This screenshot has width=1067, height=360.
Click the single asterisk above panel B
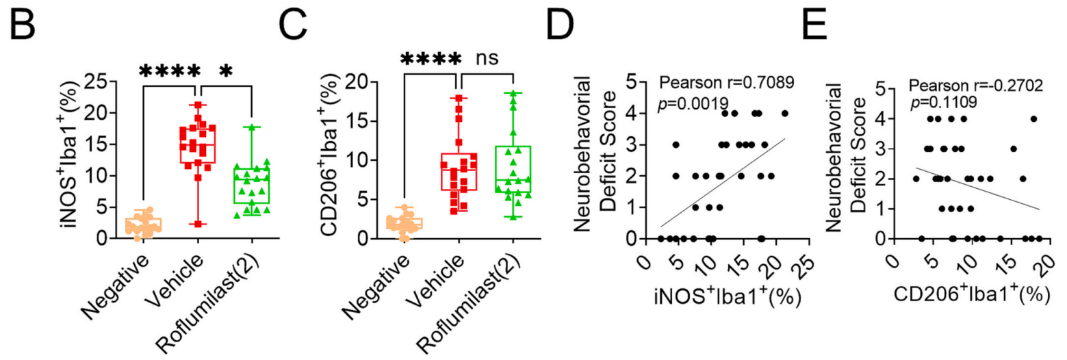(x=227, y=71)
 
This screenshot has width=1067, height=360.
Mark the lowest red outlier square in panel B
(x=198, y=224)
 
